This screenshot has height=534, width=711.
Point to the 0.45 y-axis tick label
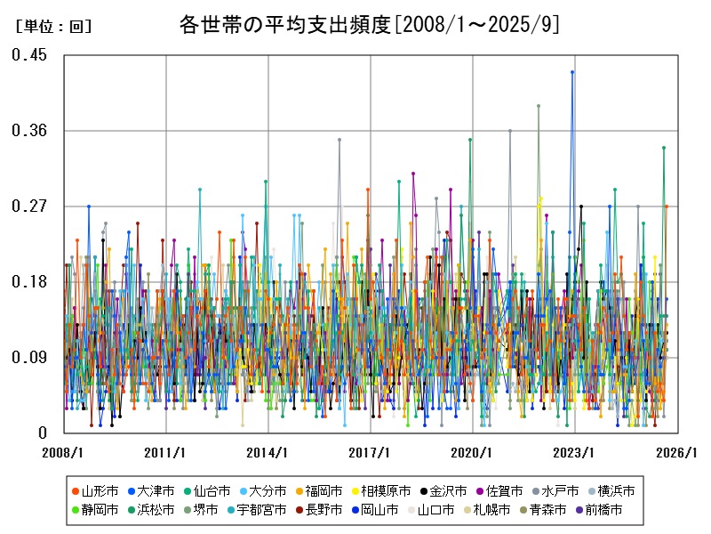29,55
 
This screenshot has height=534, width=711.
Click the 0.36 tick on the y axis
29,131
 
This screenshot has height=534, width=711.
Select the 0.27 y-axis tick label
29,206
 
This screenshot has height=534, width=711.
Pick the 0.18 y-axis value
29,282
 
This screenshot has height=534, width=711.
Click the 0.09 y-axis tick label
29,358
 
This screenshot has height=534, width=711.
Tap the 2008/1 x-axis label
63,452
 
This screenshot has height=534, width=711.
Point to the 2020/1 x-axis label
473,452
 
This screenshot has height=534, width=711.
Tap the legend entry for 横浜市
615,490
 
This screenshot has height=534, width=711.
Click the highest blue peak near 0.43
572,72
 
